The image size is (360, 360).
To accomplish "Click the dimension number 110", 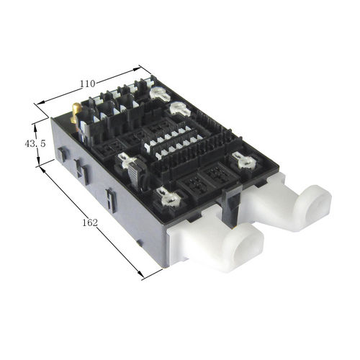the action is click(x=88, y=84).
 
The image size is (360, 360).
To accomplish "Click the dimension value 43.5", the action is click(x=35, y=144).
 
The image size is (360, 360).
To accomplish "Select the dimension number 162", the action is click(x=90, y=223).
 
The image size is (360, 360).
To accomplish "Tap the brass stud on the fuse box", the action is click(x=76, y=112).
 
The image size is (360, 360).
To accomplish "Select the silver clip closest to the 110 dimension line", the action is click(x=160, y=94).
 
